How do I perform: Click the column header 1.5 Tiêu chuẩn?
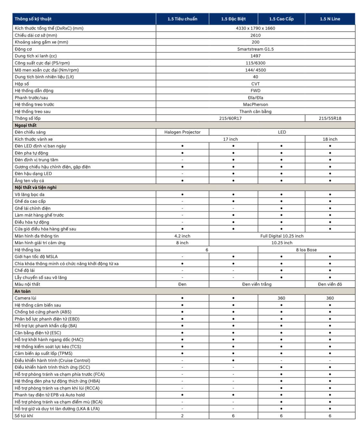click(x=182, y=19)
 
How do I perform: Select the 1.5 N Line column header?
click(x=330, y=19)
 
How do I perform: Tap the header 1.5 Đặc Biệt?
click(x=233, y=19)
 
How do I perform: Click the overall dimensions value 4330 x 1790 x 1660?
click(x=255, y=28)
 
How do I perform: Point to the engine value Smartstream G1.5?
click(x=255, y=49)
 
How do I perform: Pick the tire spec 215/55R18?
click(x=330, y=118)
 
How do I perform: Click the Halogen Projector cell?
click(x=182, y=132)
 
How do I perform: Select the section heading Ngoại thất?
click(x=26, y=125)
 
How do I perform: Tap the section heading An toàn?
click(x=23, y=291)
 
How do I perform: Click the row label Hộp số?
click(x=22, y=84)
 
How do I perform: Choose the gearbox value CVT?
click(x=255, y=84)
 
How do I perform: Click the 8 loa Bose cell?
click(x=306, y=250)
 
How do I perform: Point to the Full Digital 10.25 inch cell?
click(x=282, y=236)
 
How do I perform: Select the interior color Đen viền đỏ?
click(x=330, y=284)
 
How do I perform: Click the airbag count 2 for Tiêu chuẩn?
click(x=182, y=416)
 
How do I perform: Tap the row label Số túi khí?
click(x=24, y=416)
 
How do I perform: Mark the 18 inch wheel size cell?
click(x=330, y=139)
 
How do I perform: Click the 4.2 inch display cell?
click(x=182, y=236)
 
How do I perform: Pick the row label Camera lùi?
click(x=25, y=298)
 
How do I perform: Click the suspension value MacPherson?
click(x=255, y=105)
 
